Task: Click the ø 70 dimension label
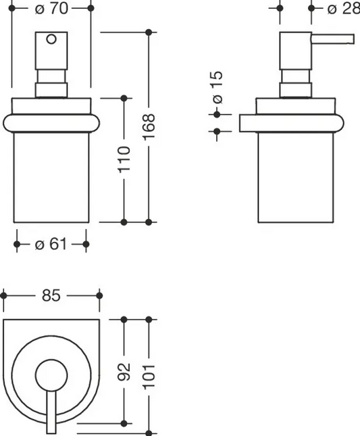51,9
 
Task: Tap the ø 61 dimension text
51,245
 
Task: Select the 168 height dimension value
149,127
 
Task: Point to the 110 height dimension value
124,160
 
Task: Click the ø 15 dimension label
217,88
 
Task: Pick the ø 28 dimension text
344,9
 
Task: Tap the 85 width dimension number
51,295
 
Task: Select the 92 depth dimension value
124,372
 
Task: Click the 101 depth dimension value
149,377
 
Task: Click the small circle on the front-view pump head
51,39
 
